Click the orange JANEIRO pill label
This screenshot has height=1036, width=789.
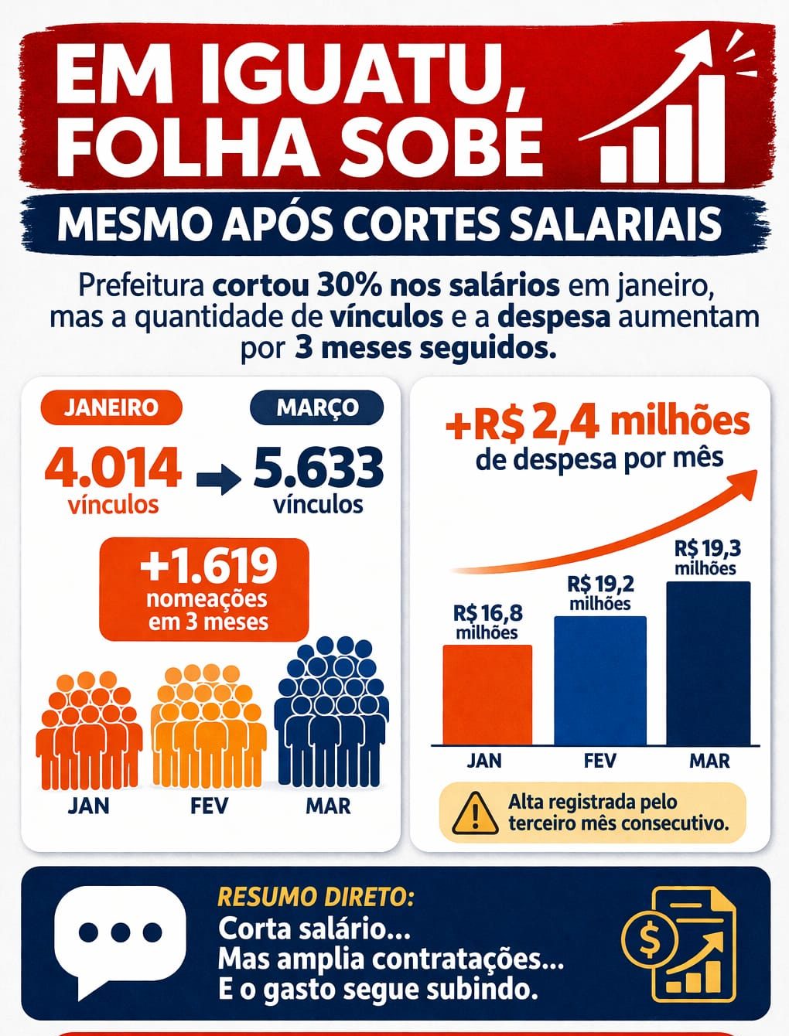(x=111, y=407)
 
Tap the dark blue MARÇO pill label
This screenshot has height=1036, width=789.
(x=317, y=407)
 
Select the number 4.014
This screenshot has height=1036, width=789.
(x=113, y=467)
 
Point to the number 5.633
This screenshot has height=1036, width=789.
(x=318, y=467)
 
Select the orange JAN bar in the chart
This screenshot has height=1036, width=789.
(x=487, y=694)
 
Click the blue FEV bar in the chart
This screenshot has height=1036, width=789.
(x=599, y=680)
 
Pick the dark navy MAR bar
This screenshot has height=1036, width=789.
(x=708, y=663)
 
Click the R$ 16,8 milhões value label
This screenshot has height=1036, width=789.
(x=487, y=622)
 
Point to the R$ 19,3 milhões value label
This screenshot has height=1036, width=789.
(x=707, y=557)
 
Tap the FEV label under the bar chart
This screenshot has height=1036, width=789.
(x=599, y=761)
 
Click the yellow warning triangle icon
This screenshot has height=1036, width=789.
(x=474, y=813)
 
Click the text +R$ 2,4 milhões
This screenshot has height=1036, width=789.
(x=598, y=422)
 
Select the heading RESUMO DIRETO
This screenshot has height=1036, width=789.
(x=316, y=897)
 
